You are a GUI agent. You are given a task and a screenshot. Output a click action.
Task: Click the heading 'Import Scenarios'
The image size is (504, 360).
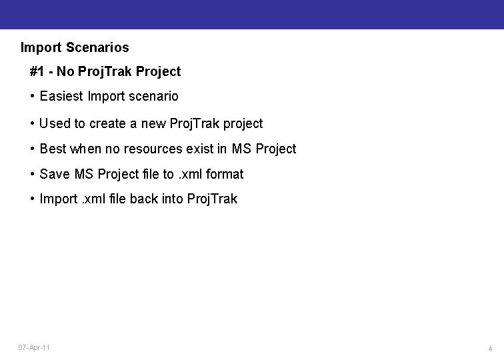[75, 48]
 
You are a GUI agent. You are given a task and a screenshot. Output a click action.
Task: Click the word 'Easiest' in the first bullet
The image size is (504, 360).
[61, 97]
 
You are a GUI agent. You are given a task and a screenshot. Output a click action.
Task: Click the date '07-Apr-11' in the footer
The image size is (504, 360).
[34, 348]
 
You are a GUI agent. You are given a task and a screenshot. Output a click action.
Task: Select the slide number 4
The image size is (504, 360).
[490, 349]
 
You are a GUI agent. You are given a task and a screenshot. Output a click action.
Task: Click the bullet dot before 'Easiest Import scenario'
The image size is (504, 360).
[33, 97]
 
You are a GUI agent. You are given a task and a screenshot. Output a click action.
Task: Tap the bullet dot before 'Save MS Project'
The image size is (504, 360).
[33, 175]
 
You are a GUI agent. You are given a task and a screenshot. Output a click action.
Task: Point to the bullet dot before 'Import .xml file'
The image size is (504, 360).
[33, 199]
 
